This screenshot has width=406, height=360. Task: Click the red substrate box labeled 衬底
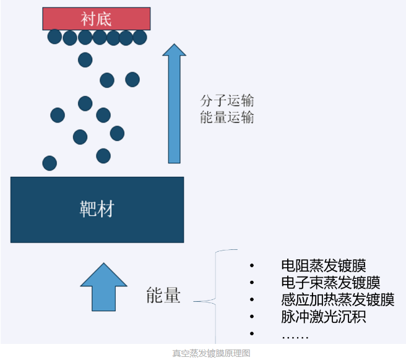pos(96,19)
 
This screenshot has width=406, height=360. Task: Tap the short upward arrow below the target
pos(103,287)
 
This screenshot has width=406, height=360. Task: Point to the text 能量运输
pos(227,118)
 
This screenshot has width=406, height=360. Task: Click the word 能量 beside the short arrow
pos(163,296)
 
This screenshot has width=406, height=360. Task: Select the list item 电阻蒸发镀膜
pos(323,266)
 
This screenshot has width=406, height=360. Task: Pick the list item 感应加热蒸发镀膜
pos(337,300)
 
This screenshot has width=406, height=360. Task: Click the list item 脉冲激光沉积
pos(323,317)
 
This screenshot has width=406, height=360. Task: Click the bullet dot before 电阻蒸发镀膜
pos(252,267)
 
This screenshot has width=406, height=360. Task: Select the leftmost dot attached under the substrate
pos(54,37)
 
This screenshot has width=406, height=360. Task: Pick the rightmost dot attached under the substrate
pos(140,37)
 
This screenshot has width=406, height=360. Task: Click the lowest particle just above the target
pos(50,163)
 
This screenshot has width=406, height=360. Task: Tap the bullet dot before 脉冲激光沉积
pos(252,317)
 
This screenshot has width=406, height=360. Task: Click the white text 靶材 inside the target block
pos(97,209)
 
